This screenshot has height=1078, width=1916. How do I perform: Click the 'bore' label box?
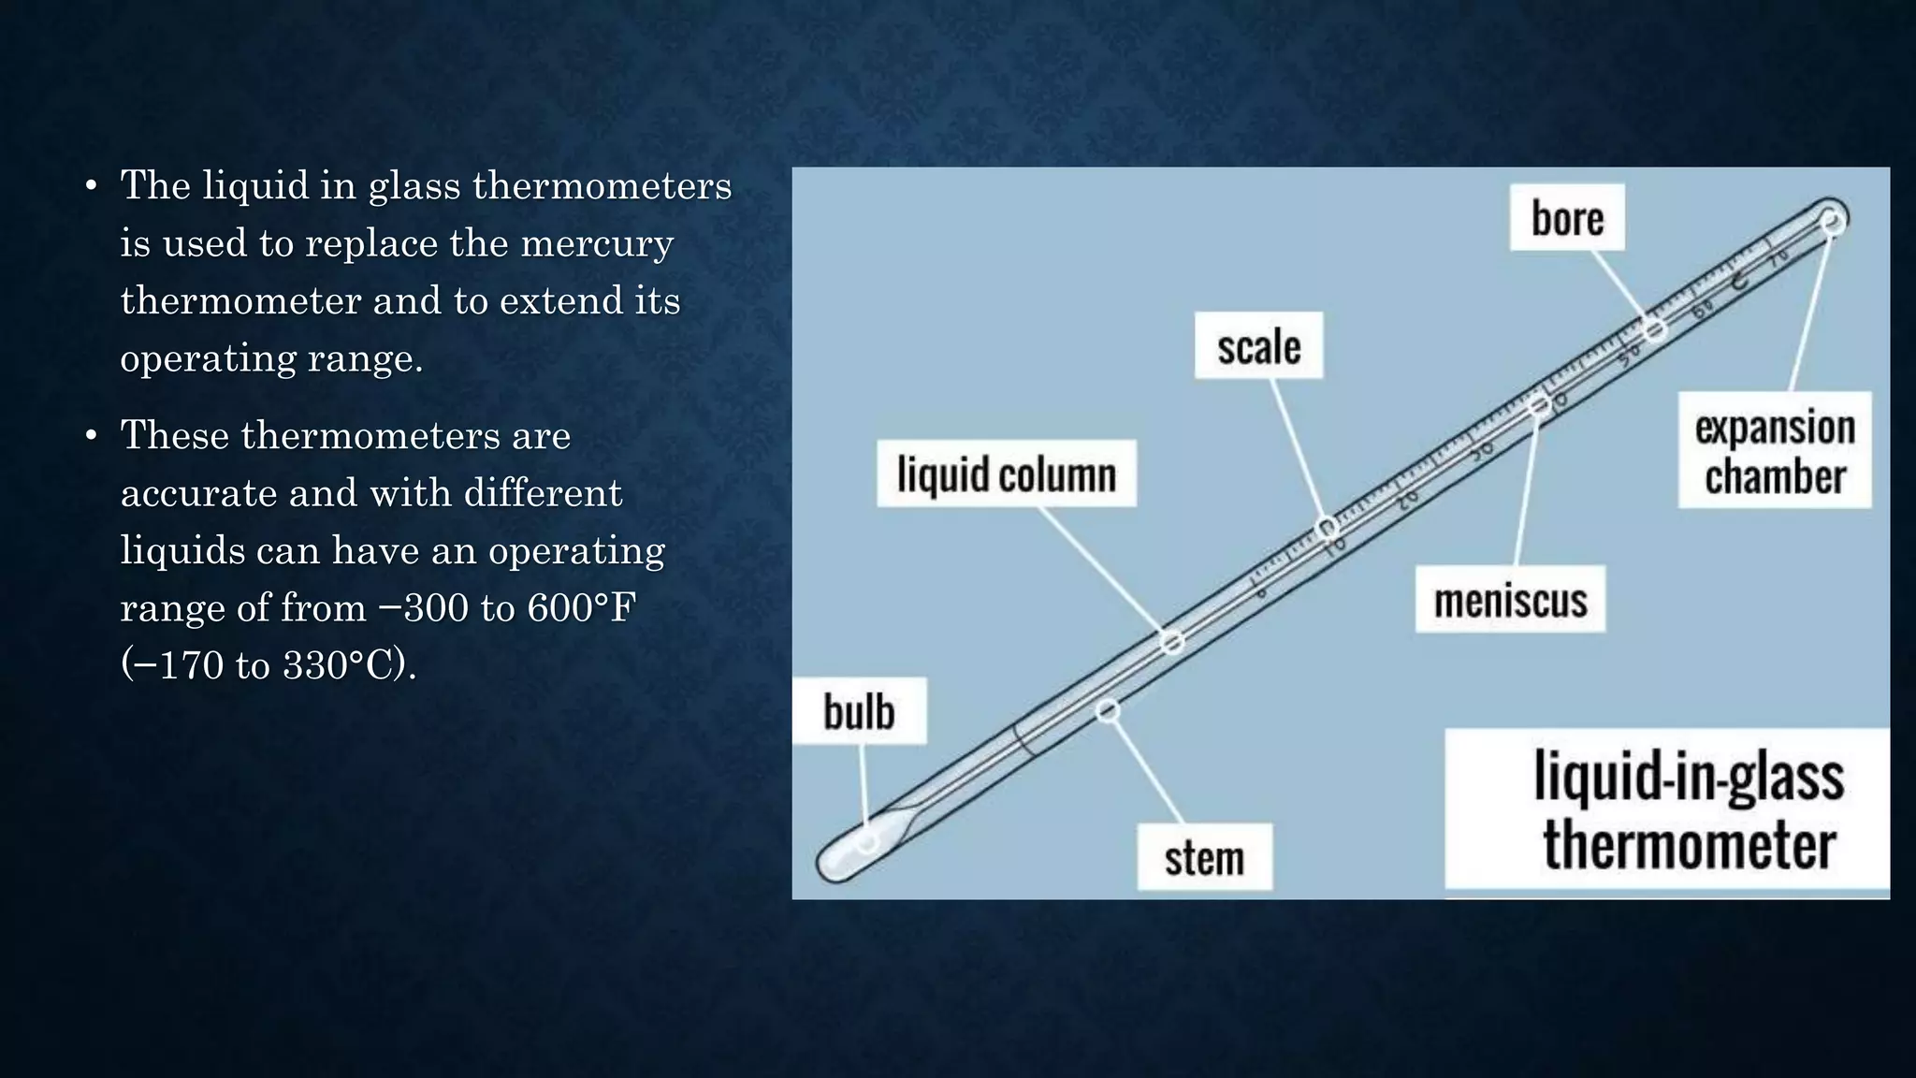click(x=1567, y=218)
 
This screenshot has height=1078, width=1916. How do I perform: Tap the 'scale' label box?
click(x=1258, y=346)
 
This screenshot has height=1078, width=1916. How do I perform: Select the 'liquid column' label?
click(x=1007, y=473)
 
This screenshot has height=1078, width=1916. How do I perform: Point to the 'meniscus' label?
click(x=1510, y=600)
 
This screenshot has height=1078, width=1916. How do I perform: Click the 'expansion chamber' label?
click(x=1775, y=451)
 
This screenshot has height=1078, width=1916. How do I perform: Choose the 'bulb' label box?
click(x=859, y=711)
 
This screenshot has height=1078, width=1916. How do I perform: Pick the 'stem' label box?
click(x=1204, y=857)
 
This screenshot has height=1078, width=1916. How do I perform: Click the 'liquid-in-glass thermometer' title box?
click(x=1667, y=809)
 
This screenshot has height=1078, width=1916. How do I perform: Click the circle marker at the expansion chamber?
click(x=1832, y=221)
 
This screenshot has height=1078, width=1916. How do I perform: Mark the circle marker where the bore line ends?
click(x=1656, y=329)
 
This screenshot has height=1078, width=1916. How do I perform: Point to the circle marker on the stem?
click(x=1108, y=711)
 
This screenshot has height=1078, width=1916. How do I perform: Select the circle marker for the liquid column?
click(x=1171, y=642)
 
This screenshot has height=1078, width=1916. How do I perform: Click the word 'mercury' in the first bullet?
click(x=596, y=244)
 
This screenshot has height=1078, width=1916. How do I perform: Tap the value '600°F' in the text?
click(x=581, y=608)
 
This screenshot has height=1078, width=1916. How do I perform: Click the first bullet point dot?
click(x=91, y=186)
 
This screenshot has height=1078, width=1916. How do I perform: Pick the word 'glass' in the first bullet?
click(x=414, y=186)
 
